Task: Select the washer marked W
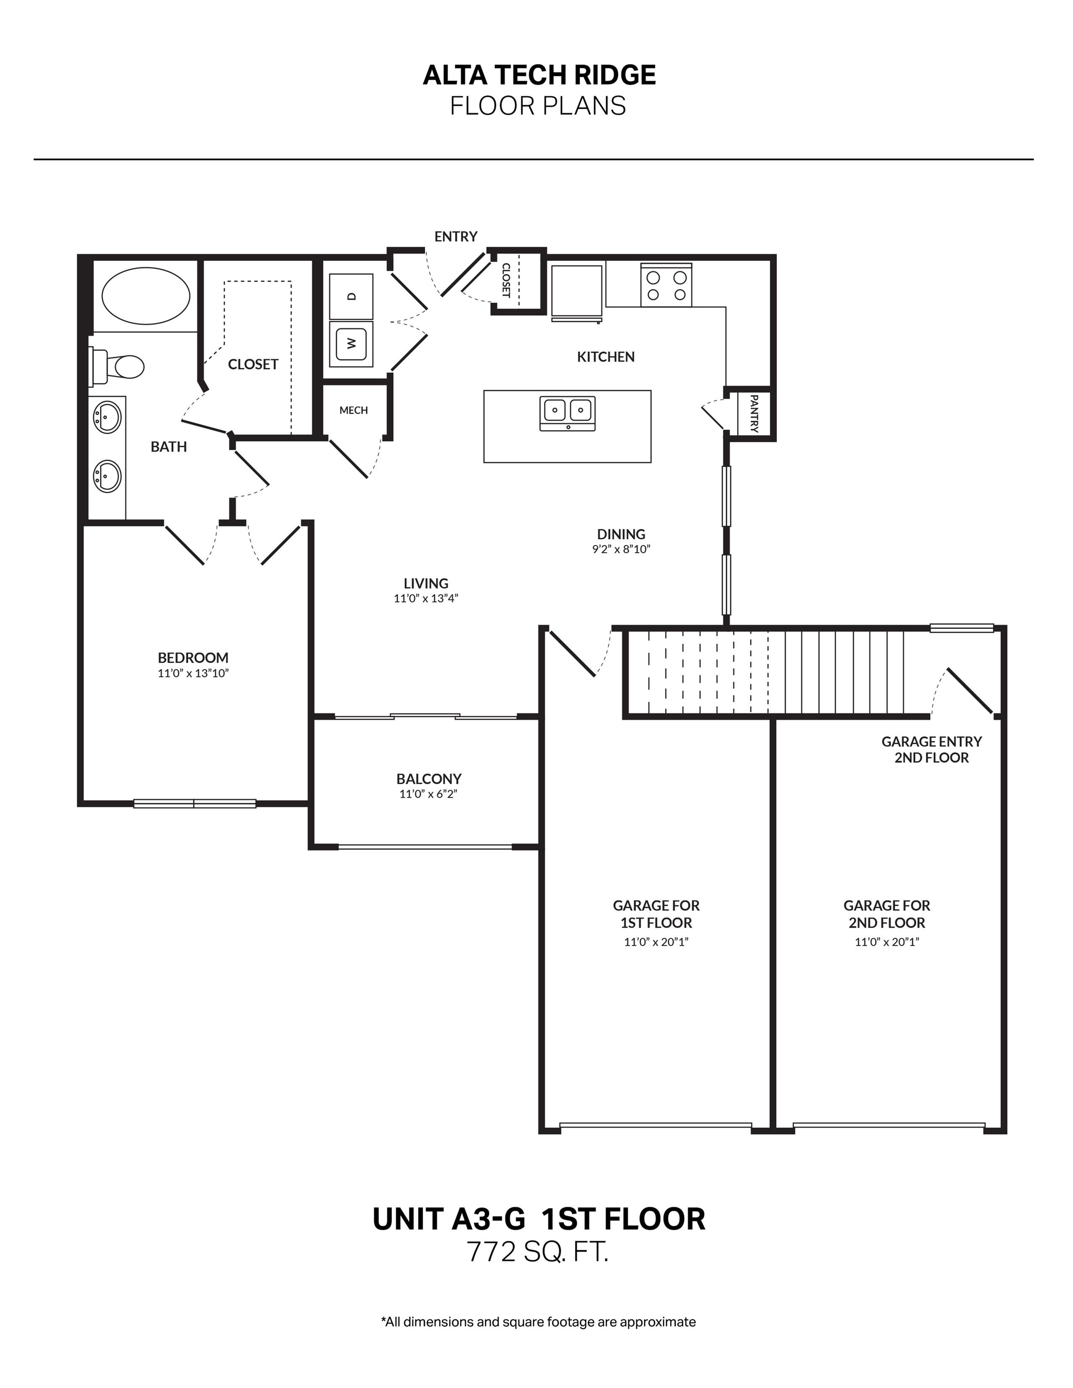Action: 351,343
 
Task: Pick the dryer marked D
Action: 351,296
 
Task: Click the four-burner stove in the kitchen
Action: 666,285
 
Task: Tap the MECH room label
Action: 353,411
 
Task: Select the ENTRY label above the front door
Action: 456,236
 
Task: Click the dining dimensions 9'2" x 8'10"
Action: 621,549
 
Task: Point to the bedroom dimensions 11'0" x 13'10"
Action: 193,673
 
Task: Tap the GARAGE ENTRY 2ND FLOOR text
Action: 931,749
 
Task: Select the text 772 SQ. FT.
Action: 538,1252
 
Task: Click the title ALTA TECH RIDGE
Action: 539,75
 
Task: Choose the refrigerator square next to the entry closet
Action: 576,292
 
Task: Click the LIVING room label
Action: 426,583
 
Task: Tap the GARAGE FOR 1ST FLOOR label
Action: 656,914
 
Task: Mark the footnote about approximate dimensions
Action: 538,1322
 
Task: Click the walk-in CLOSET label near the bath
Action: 253,364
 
